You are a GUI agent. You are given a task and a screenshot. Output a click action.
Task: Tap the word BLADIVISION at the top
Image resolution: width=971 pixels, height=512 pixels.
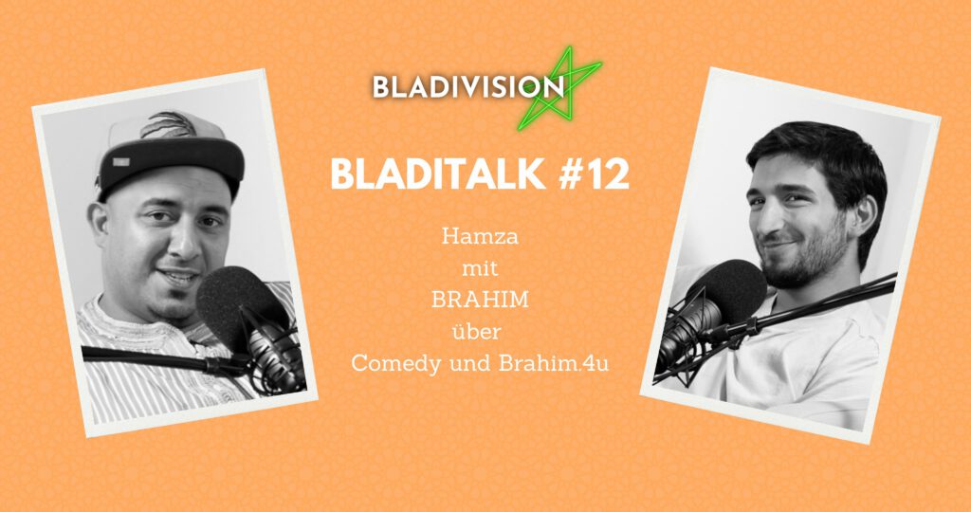point(468,87)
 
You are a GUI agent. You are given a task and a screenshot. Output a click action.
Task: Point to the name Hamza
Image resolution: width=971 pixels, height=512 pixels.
point(480,236)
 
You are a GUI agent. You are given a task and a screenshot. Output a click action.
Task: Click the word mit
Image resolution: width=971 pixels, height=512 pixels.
point(480,268)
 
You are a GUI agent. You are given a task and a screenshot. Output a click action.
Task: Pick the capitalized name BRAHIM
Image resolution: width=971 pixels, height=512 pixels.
point(480,300)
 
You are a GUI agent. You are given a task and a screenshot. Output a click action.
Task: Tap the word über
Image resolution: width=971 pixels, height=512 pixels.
point(480,331)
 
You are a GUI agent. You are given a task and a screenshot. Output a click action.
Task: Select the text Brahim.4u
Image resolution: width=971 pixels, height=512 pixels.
point(553,363)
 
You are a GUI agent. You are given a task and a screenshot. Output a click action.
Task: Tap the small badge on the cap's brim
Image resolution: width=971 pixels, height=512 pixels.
point(121,162)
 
